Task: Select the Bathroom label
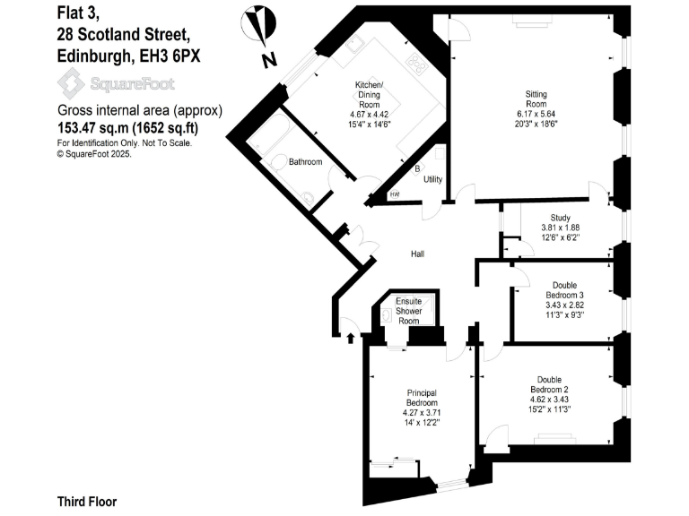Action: (x=305, y=162)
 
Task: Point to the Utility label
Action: (x=433, y=180)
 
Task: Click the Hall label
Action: (x=417, y=254)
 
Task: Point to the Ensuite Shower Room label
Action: (x=409, y=312)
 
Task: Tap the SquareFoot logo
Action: (x=117, y=84)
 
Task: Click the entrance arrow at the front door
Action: (x=351, y=338)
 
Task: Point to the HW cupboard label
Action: (x=395, y=195)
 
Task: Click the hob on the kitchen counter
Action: (x=417, y=62)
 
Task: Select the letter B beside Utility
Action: (x=416, y=168)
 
